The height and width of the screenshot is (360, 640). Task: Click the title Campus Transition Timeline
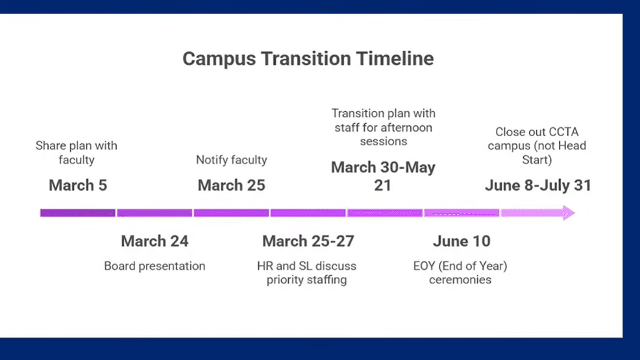pyautogui.click(x=308, y=59)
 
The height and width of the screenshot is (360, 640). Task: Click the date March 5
pyautogui.click(x=78, y=186)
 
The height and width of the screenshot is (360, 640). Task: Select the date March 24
pyautogui.click(x=154, y=241)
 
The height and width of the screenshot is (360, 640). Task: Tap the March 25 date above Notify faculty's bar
pyautogui.click(x=232, y=186)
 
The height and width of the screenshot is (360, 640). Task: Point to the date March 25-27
pyautogui.click(x=308, y=241)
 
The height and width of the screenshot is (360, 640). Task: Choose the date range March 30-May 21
pyautogui.click(x=383, y=176)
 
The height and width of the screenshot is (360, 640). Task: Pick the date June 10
pyautogui.click(x=462, y=241)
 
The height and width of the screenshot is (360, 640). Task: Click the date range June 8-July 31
pyautogui.click(x=538, y=186)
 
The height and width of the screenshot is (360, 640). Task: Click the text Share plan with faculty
pyautogui.click(x=77, y=152)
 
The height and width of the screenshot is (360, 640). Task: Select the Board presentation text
pyautogui.click(x=154, y=266)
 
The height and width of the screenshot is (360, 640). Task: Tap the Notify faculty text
pyautogui.click(x=232, y=160)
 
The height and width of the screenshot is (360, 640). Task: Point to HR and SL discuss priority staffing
pyautogui.click(x=306, y=272)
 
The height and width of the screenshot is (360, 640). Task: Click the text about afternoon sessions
pyautogui.click(x=383, y=127)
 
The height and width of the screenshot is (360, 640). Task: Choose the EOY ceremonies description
pyautogui.click(x=460, y=272)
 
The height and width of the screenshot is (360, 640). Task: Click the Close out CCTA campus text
pyautogui.click(x=537, y=145)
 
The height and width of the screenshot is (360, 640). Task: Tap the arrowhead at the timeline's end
pyautogui.click(x=569, y=213)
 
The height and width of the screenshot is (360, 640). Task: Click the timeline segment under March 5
pyautogui.click(x=77, y=213)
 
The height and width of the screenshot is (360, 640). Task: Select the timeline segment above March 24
pyautogui.click(x=154, y=213)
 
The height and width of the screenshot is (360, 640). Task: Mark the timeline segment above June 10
pyautogui.click(x=462, y=213)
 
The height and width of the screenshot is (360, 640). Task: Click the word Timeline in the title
pyautogui.click(x=395, y=59)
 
